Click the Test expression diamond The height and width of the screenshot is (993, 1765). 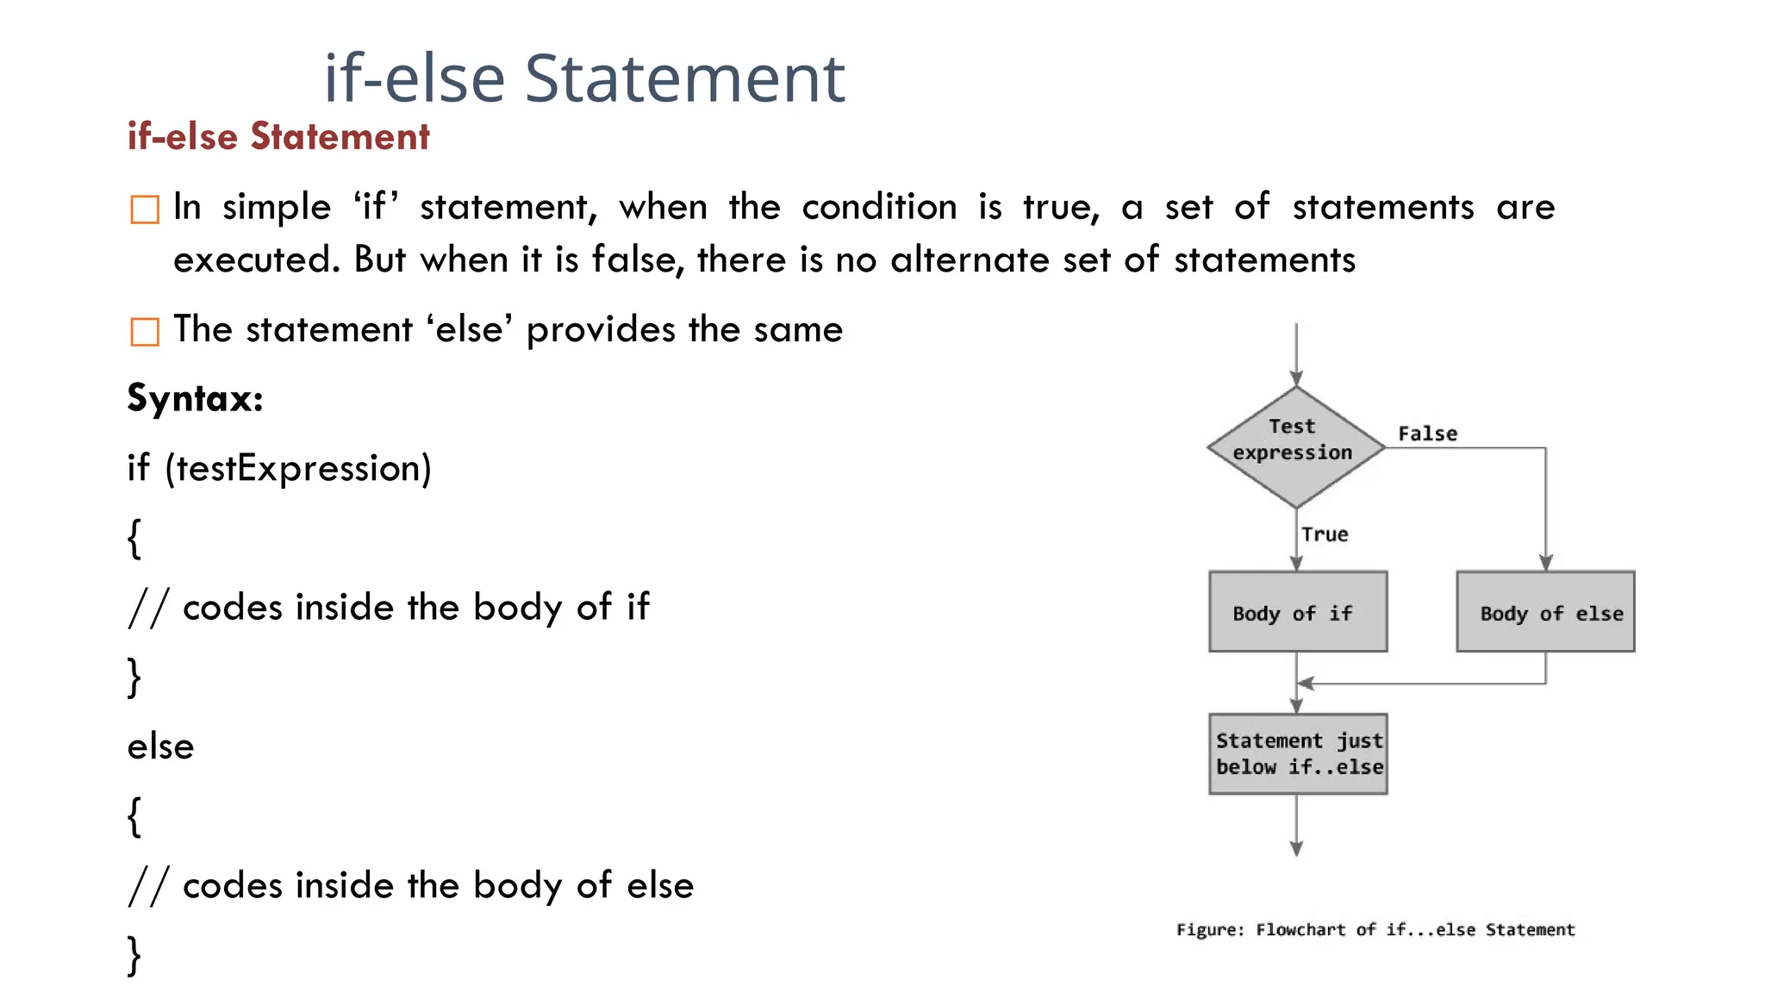click(x=1295, y=447)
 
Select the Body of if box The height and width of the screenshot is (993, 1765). click(x=1298, y=611)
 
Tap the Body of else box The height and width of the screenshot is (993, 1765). click(x=1545, y=611)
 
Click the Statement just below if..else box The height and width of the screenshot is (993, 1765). click(x=1298, y=753)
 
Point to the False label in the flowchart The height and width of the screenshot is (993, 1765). click(x=1427, y=434)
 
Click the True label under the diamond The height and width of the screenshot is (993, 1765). click(x=1325, y=534)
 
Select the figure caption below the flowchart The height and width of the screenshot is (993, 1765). click(x=1375, y=929)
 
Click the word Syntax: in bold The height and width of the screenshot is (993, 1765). click(x=195, y=398)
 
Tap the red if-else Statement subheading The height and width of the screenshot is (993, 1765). click(x=278, y=136)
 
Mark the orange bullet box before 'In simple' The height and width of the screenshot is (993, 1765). click(x=145, y=209)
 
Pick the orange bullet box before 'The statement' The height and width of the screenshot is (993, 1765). click(x=145, y=331)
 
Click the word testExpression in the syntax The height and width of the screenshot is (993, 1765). click(x=298, y=468)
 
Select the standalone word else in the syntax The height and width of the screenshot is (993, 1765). click(x=161, y=746)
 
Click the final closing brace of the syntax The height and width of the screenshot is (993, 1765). click(x=134, y=955)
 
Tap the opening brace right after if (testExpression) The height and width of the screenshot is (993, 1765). click(x=134, y=538)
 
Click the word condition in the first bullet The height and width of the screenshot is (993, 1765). click(x=879, y=207)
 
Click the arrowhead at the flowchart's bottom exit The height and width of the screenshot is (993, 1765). click(x=1296, y=849)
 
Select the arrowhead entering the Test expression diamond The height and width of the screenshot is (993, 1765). click(x=1296, y=378)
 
